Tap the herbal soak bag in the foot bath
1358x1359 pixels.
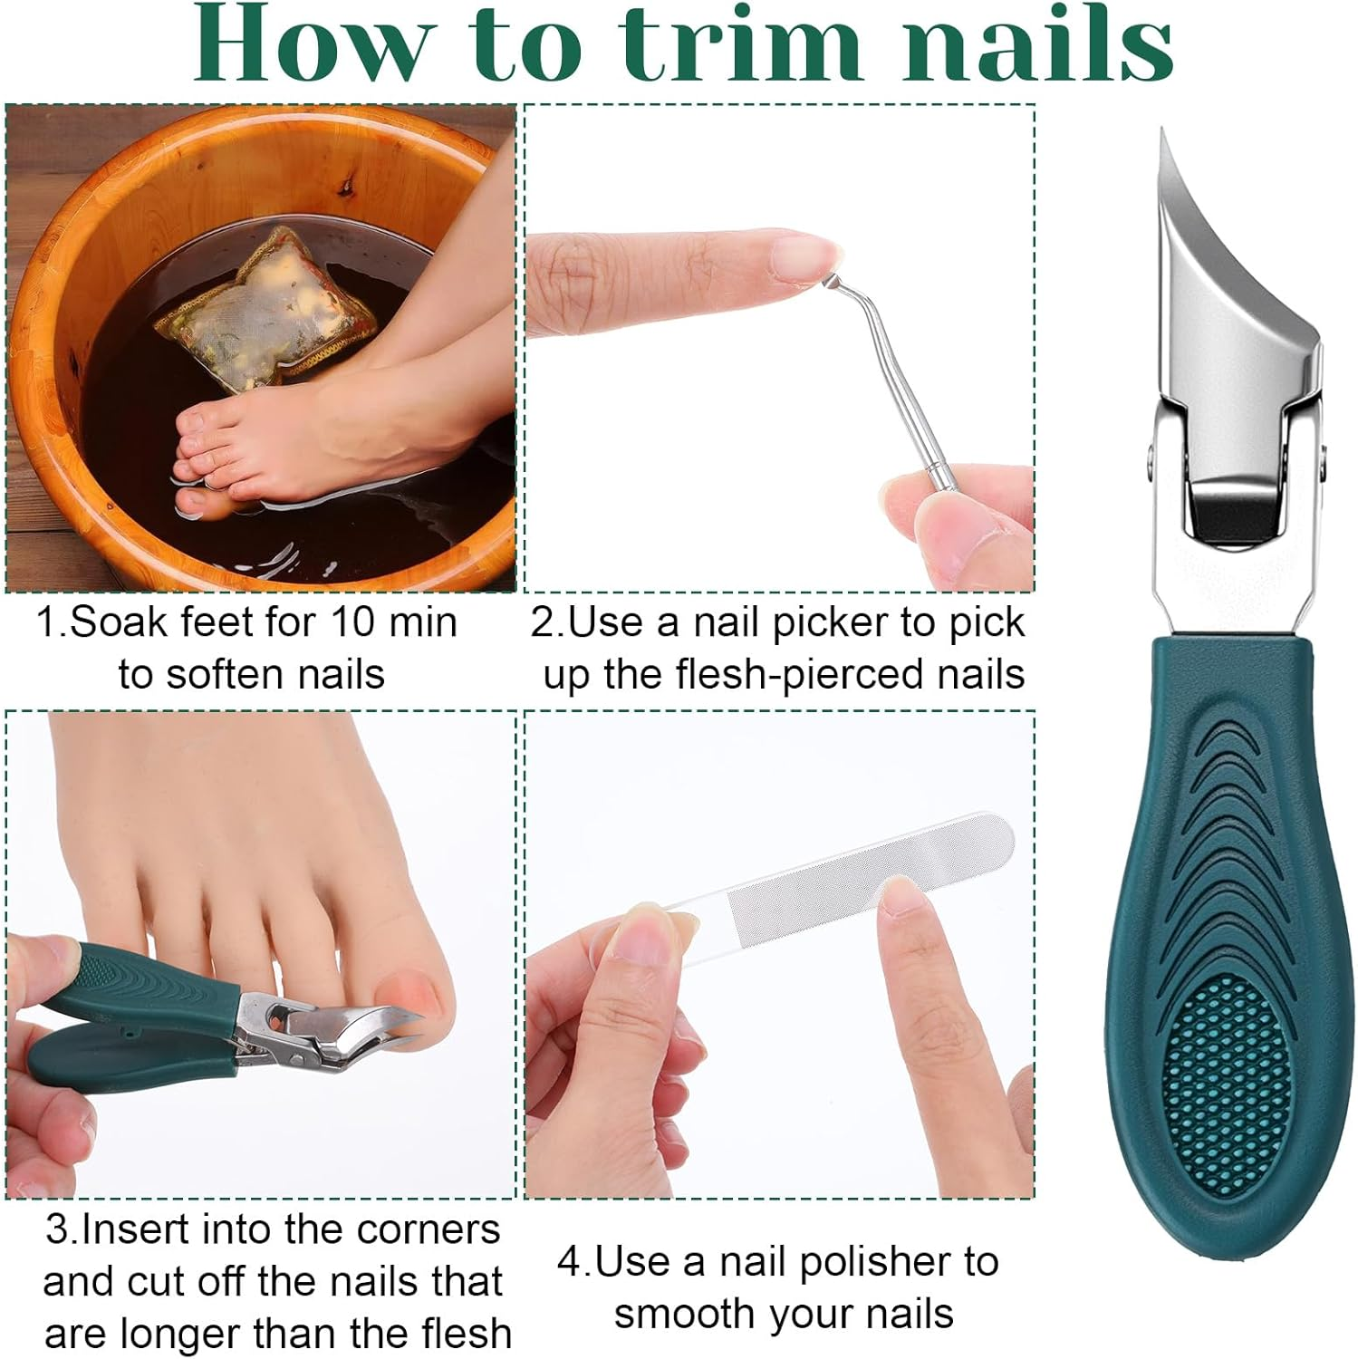point(267,308)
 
